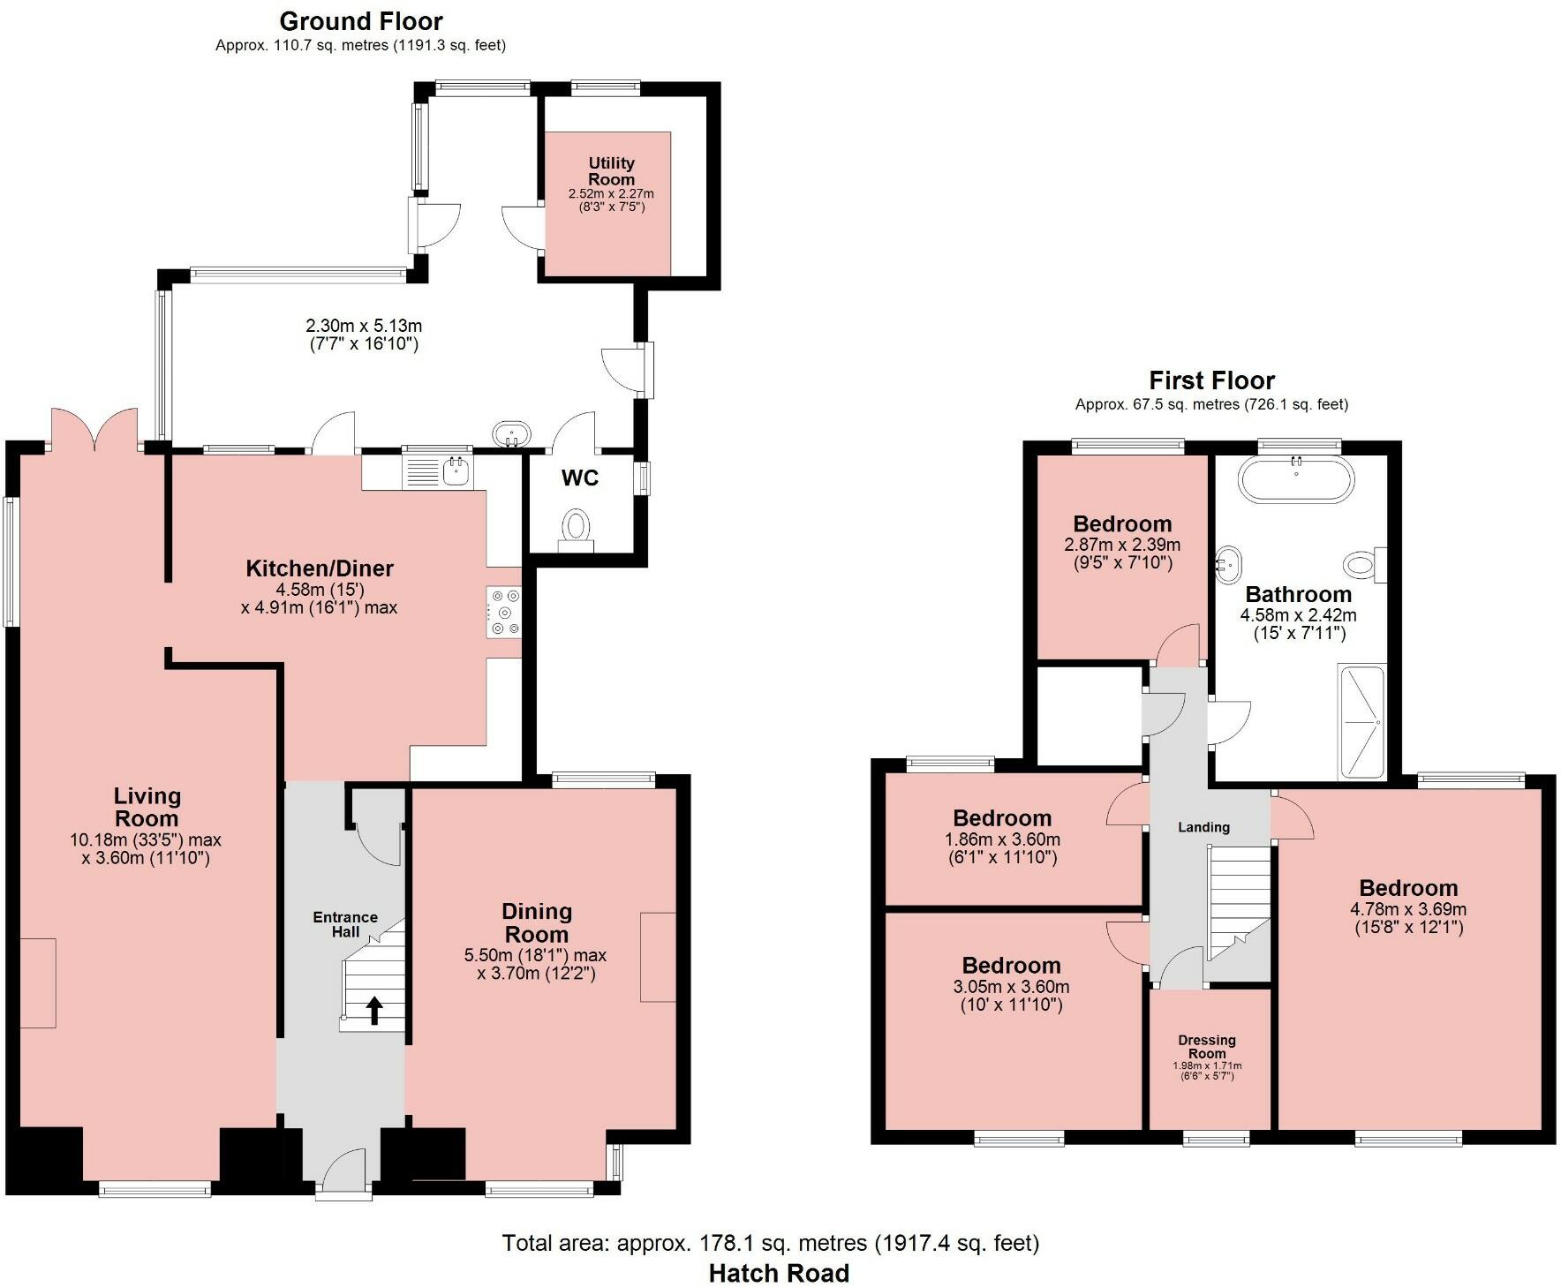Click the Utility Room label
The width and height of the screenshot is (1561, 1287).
(x=611, y=171)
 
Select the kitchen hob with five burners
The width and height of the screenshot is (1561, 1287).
(x=503, y=612)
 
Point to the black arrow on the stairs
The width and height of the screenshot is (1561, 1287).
(x=373, y=1010)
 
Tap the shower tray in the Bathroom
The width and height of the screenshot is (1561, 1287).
(x=1361, y=721)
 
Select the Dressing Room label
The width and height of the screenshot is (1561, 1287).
(x=1206, y=1047)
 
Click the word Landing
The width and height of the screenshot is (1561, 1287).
(x=1203, y=827)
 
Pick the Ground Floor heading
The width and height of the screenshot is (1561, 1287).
(x=360, y=20)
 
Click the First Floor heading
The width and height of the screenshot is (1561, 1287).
(x=1211, y=380)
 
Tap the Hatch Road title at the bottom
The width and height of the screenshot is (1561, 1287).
(x=779, y=1273)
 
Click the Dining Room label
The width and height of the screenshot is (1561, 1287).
(x=536, y=922)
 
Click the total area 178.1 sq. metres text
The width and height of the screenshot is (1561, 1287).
(x=770, y=1243)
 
